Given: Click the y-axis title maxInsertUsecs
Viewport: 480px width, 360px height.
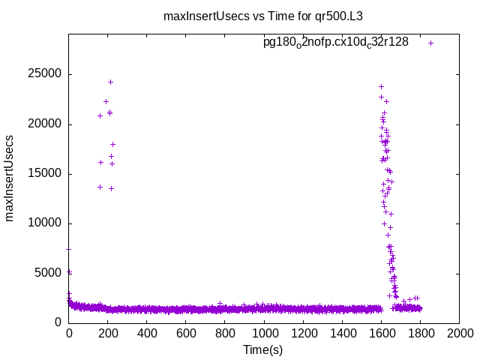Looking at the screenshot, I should tap(10, 178).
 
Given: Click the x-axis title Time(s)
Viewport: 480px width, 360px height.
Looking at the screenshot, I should tap(262, 349).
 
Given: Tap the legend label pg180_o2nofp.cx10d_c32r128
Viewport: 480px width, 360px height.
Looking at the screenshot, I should tap(335, 43).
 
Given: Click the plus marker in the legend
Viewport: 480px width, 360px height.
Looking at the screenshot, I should tap(431, 43).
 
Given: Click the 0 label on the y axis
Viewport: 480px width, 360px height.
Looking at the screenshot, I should tap(58, 322).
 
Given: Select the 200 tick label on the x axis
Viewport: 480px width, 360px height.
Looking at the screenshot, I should tap(108, 333).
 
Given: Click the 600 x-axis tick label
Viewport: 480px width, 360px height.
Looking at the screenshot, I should tap(186, 333).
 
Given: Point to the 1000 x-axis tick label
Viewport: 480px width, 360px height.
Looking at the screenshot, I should tap(264, 333).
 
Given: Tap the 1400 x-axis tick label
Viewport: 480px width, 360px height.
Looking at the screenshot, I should tap(342, 333).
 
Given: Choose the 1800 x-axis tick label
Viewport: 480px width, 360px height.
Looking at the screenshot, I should tap(420, 333).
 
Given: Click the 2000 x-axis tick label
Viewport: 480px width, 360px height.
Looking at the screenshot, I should tap(459, 333).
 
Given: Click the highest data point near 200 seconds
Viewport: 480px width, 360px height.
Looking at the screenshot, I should tap(110, 82).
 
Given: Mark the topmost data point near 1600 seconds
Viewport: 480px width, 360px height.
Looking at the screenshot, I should tap(381, 86).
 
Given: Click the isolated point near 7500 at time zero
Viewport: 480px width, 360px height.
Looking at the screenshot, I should tap(69, 249).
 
